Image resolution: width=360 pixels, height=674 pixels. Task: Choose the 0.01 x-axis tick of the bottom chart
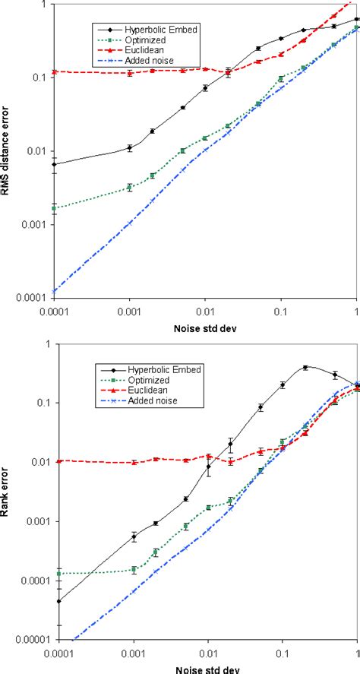pyautogui.click(x=207, y=653)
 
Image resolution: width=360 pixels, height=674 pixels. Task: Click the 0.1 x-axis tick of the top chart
pyautogui.click(x=281, y=312)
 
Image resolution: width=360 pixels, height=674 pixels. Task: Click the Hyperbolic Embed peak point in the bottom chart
pyautogui.click(x=305, y=368)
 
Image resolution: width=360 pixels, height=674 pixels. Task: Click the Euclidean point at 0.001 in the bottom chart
pyautogui.click(x=134, y=462)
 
